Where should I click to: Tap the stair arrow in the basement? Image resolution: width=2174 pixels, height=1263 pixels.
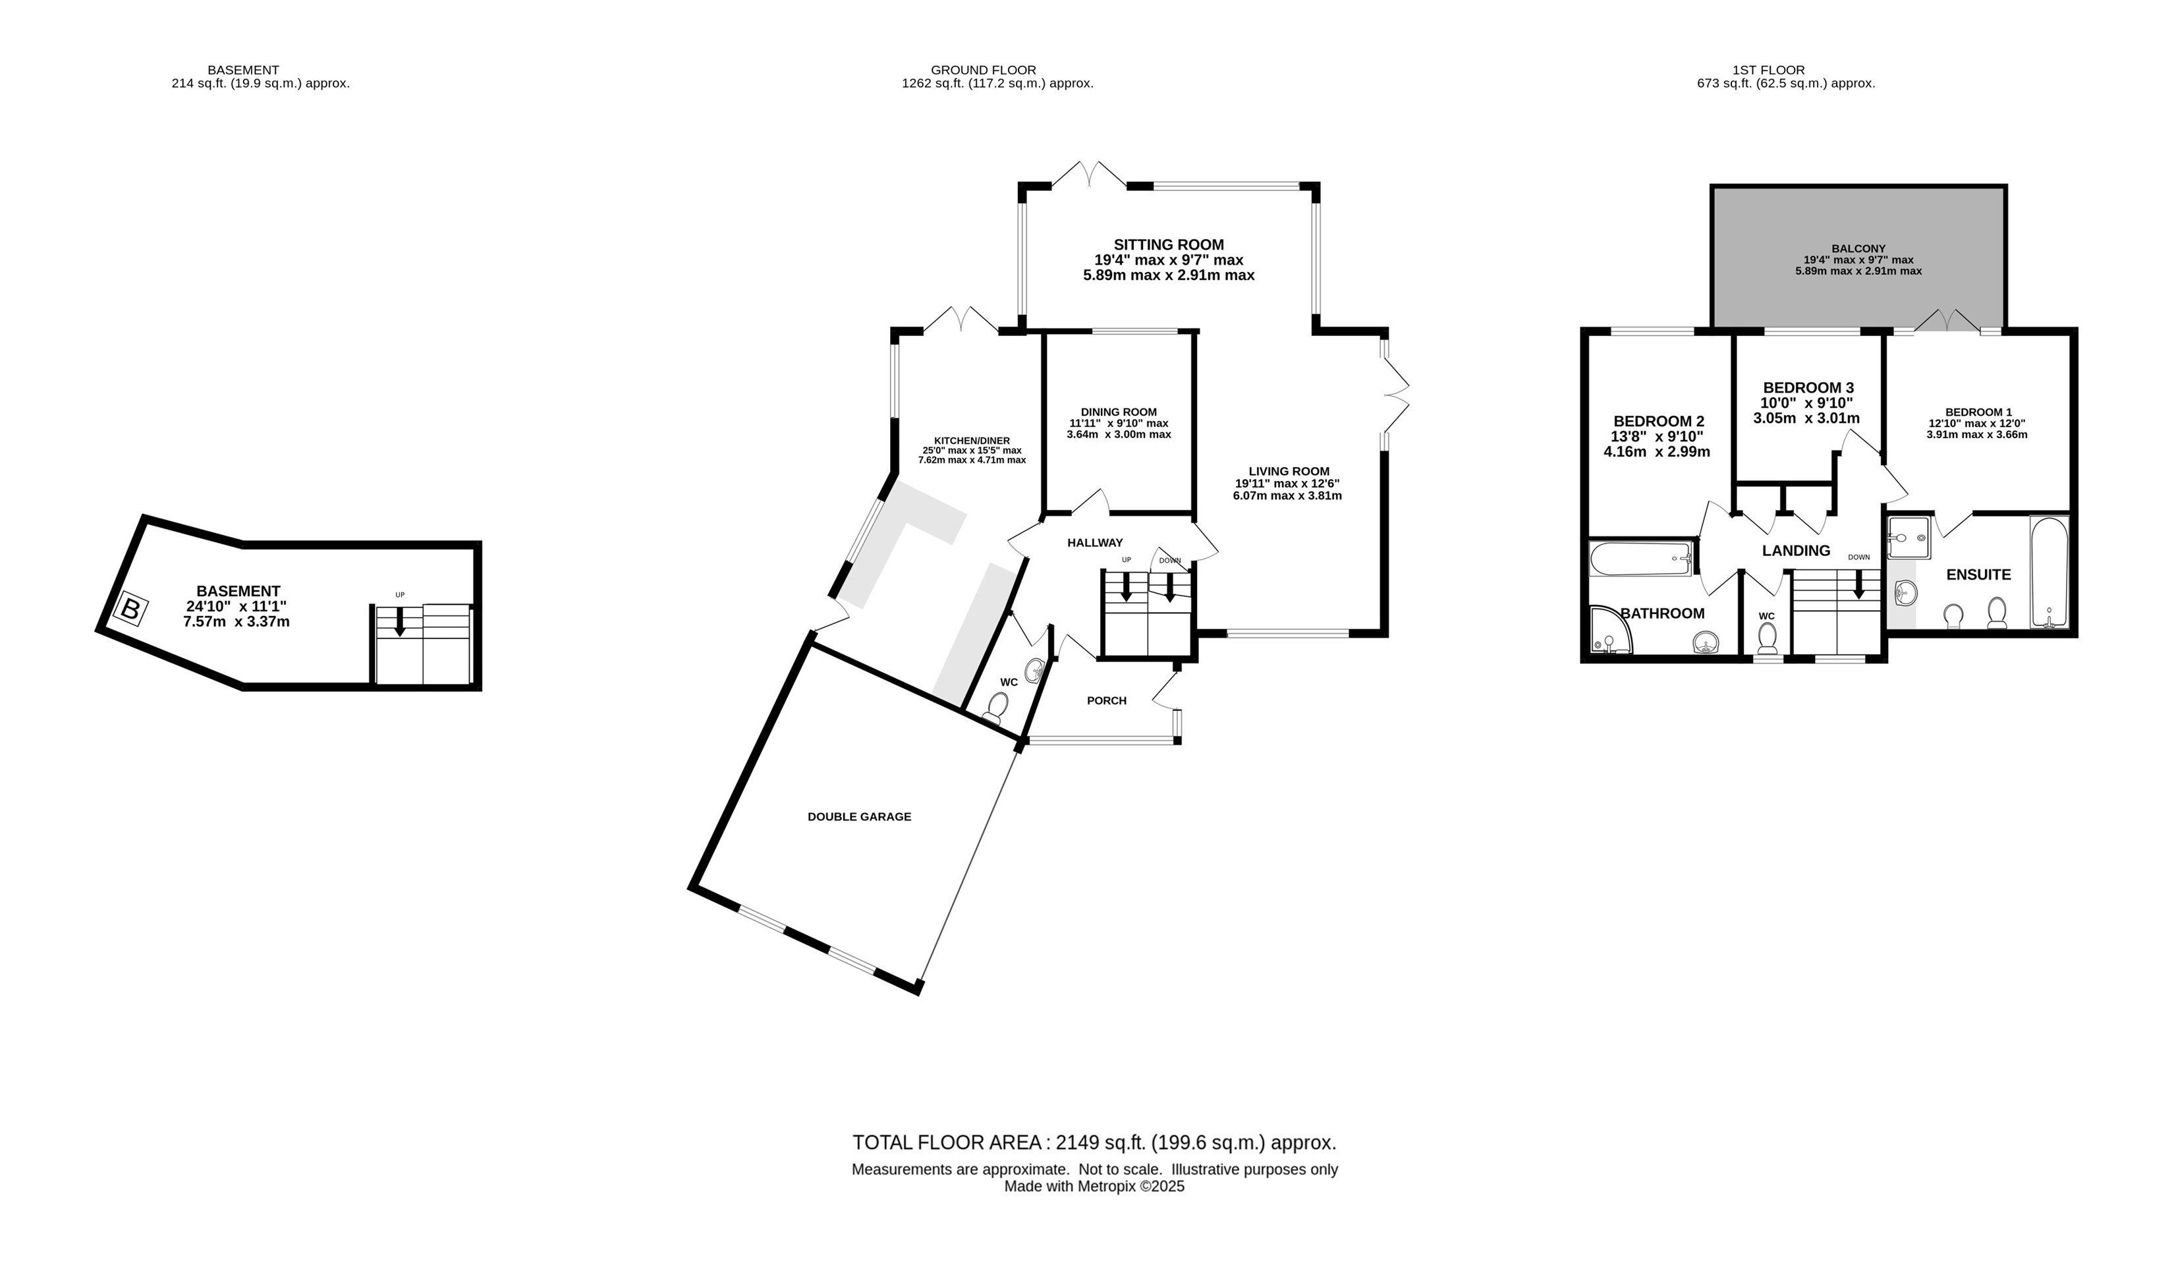coord(399,621)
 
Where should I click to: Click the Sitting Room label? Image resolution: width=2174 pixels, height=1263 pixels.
coord(1168,245)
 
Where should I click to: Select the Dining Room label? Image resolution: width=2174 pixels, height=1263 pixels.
coord(1119,412)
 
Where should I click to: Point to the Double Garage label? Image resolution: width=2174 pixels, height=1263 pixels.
coord(859,817)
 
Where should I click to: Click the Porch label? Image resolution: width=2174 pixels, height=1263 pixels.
coord(1107,700)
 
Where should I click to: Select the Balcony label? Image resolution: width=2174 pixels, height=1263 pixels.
coord(1858,248)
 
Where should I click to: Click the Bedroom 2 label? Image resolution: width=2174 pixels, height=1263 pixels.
coord(1659,421)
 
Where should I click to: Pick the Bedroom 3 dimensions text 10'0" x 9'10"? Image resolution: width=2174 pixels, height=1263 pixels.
coord(1806,403)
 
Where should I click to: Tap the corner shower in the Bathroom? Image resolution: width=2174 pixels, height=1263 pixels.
coord(1610,630)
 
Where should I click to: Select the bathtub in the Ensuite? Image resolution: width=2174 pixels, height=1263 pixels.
coord(2049,572)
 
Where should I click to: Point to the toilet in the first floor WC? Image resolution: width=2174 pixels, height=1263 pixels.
coord(1767,638)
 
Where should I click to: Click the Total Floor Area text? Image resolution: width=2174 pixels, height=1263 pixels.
coord(1094,1143)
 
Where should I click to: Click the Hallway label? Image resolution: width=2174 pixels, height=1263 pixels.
coord(1095,543)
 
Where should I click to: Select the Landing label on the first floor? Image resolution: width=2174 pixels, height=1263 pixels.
coord(1796,550)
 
